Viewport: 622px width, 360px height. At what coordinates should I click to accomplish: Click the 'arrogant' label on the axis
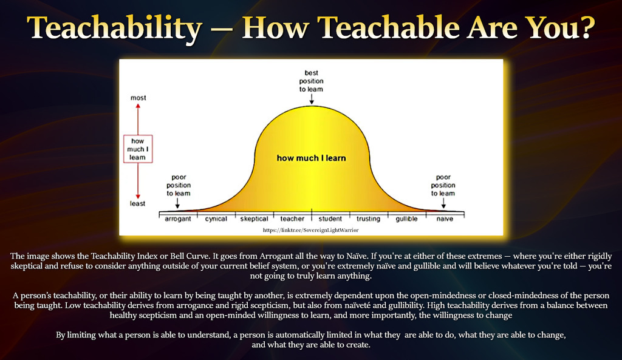point(178,219)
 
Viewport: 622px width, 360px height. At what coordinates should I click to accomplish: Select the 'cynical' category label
point(216,219)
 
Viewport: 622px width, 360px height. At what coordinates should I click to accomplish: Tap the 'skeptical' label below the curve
point(255,219)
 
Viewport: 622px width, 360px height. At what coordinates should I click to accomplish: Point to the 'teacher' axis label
point(292,219)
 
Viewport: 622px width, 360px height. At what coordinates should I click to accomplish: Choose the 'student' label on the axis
point(330,219)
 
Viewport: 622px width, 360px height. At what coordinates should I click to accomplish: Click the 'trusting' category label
point(368,219)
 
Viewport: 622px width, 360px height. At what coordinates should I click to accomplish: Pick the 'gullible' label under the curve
point(406,219)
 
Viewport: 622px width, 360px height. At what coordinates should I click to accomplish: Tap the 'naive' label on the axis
point(445,219)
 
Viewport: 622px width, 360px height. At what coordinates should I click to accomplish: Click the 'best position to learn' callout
point(312,81)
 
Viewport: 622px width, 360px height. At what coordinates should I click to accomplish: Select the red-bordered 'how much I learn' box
point(138,149)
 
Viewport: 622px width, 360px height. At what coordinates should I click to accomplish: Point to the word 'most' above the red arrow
point(138,98)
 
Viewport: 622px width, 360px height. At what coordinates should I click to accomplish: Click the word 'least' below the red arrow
point(138,203)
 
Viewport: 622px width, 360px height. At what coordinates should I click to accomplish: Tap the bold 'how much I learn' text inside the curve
point(312,158)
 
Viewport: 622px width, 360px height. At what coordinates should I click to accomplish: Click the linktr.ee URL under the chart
point(310,230)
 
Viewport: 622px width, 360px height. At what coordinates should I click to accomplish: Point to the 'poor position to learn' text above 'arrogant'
point(179,185)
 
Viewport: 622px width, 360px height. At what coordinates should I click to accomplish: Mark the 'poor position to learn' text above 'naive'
point(443,185)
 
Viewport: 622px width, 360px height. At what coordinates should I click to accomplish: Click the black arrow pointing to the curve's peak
point(312,99)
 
